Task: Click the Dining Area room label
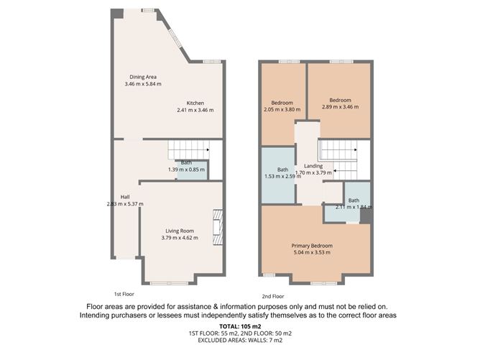pos(142,77)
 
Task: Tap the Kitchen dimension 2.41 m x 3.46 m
pos(195,111)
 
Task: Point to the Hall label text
pos(125,197)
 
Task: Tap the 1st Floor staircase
pos(188,151)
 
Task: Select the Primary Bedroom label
pos(311,245)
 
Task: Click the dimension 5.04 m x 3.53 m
pos(311,252)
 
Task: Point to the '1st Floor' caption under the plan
pos(124,294)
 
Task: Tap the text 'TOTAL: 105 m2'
pos(239,327)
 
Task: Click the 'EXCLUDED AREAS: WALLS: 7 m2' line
pos(239,341)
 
